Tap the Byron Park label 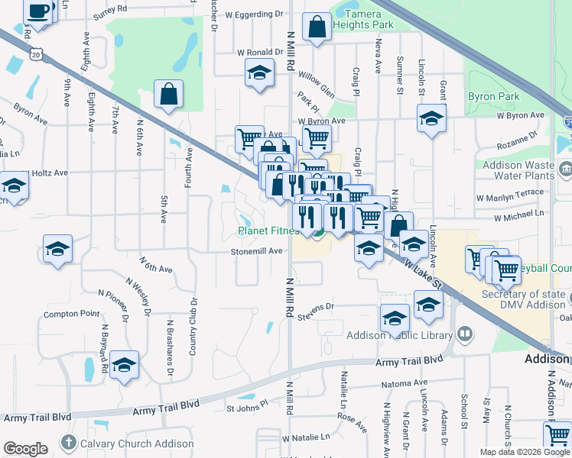click(494, 97)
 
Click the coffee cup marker click(39, 11)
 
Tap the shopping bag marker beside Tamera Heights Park click(317, 27)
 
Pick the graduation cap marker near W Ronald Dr click(260, 74)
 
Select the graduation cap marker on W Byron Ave click(431, 118)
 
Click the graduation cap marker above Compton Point click(58, 250)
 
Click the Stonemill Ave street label click(258, 252)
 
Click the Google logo click(26, 449)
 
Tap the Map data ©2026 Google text click(524, 452)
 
